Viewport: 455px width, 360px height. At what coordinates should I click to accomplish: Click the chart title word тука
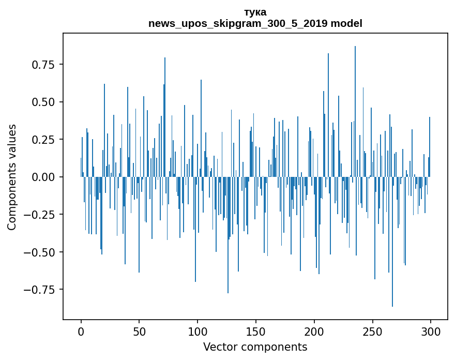pos(255,12)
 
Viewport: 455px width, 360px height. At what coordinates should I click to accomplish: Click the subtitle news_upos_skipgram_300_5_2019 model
pos(255,23)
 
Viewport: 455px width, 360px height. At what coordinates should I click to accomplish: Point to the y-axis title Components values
pos(12,177)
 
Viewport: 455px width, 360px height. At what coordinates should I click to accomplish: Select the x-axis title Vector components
pos(255,347)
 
